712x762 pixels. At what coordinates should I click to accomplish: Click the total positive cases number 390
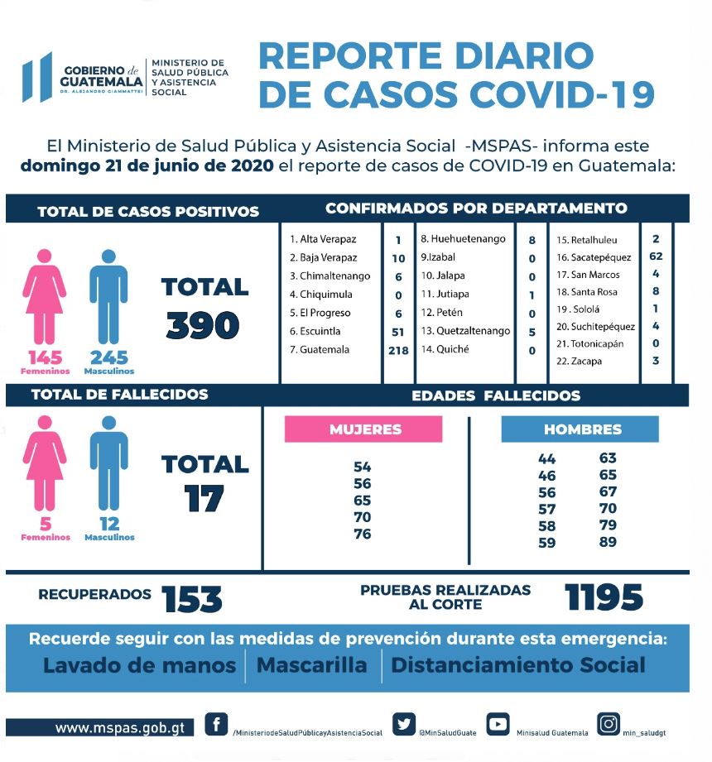pyautogui.click(x=203, y=325)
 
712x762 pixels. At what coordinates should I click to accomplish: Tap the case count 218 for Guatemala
pyautogui.click(x=397, y=350)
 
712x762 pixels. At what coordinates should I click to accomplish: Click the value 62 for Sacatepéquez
pyautogui.click(x=656, y=256)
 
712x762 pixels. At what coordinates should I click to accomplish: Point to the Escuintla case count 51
pyautogui.click(x=397, y=332)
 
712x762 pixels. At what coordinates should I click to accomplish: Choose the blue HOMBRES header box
pyautogui.click(x=580, y=429)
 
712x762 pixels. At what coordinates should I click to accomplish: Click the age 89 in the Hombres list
pyautogui.click(x=608, y=542)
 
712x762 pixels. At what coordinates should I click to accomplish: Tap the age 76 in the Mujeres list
pyautogui.click(x=362, y=534)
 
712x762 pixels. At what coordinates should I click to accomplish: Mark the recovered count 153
pyautogui.click(x=192, y=598)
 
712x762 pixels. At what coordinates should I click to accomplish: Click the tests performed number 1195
pyautogui.click(x=604, y=597)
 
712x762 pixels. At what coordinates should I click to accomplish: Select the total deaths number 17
pyautogui.click(x=204, y=498)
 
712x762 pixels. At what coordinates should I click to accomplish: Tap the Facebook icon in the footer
pyautogui.click(x=216, y=725)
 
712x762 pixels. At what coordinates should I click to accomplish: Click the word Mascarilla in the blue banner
pyautogui.click(x=312, y=665)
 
